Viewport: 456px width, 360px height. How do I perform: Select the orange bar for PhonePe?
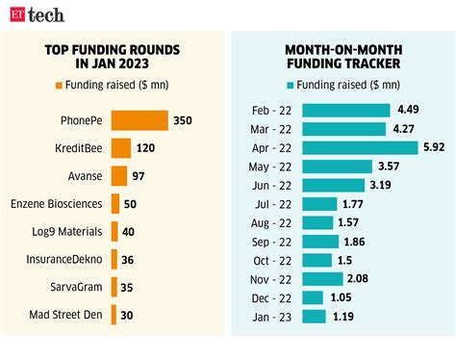(x=139, y=120)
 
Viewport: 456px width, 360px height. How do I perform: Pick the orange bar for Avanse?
(x=119, y=176)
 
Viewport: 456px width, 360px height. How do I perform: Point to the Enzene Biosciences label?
(x=57, y=204)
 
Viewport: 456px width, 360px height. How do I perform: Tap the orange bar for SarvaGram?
(x=114, y=287)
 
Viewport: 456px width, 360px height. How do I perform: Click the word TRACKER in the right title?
(x=374, y=64)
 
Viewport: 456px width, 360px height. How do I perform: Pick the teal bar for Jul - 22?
(x=319, y=203)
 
